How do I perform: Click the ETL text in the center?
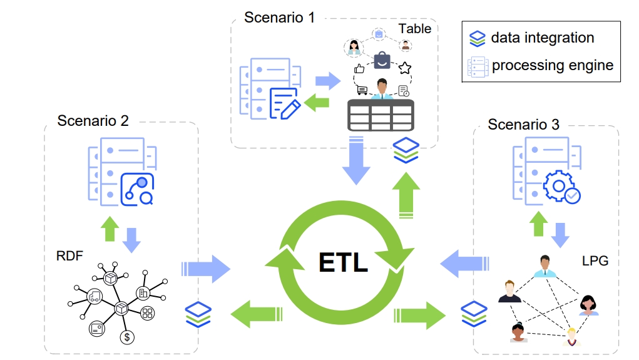343,262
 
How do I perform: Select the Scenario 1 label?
279,17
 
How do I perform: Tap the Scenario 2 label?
93,120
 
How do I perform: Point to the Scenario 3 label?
523,125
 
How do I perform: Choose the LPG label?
595,260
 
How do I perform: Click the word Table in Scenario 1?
415,28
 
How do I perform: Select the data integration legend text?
542,38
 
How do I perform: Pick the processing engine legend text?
552,65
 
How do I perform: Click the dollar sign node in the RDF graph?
128,337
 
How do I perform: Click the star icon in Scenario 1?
405,68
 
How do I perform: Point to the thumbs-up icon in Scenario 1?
359,69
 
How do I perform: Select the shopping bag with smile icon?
382,61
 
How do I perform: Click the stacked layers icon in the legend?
478,38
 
